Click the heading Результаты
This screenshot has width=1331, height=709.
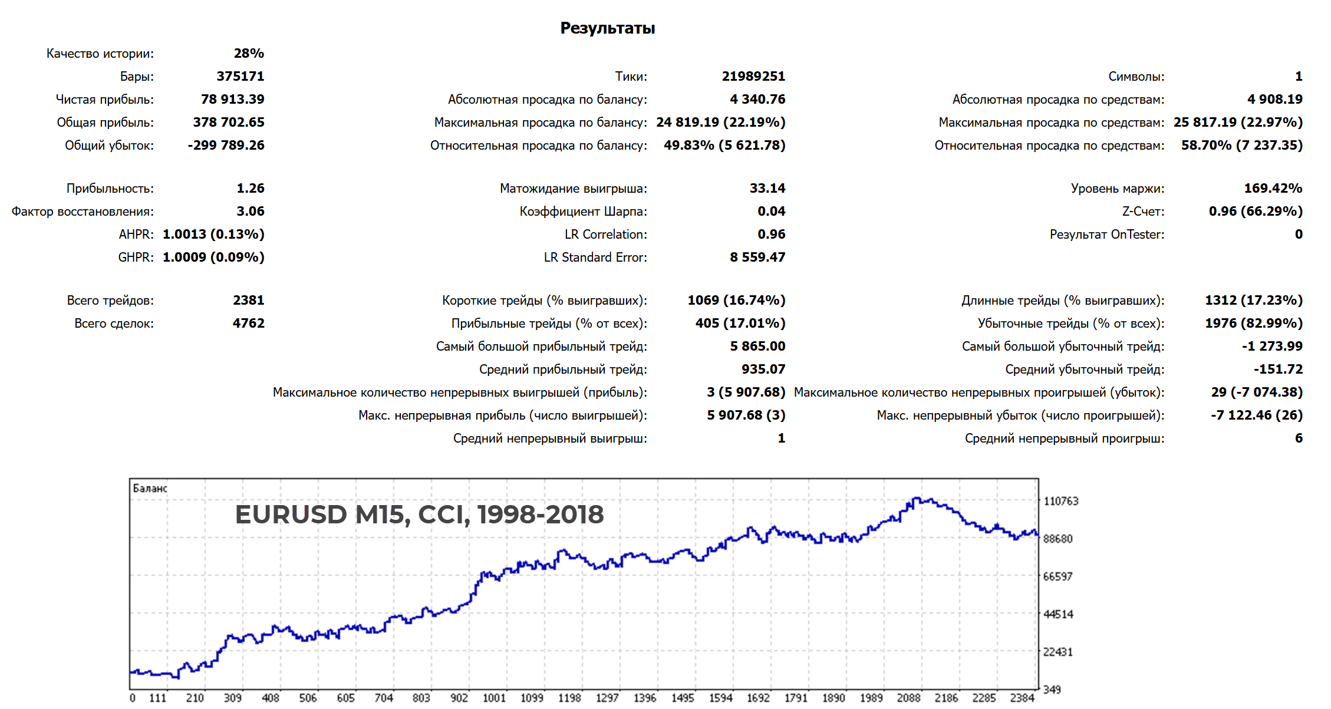tap(607, 28)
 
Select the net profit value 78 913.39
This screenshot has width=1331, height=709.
tap(232, 99)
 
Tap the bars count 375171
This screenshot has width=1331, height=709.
tap(240, 76)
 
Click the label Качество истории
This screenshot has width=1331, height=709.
tap(100, 53)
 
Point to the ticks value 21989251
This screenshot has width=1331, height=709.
tap(753, 76)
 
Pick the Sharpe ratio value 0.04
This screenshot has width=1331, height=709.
tap(771, 211)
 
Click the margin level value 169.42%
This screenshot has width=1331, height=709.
tap(1273, 188)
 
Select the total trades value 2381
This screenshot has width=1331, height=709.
tap(248, 300)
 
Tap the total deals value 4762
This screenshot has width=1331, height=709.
tap(248, 323)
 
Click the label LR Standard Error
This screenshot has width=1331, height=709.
tap(595, 257)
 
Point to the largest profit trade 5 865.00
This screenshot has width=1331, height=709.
tap(757, 346)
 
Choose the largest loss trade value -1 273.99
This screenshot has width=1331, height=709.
tap(1272, 346)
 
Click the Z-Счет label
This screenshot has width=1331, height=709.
tap(1142, 211)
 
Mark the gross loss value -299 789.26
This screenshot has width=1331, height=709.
tap(226, 145)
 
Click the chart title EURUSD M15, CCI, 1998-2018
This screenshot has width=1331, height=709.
tap(419, 514)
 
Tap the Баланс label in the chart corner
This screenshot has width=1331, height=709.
tap(150, 488)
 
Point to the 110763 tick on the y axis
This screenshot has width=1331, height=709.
tap(1060, 501)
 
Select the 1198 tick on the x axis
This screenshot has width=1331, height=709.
tap(569, 698)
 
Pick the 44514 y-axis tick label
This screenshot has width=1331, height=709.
tap(1058, 614)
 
